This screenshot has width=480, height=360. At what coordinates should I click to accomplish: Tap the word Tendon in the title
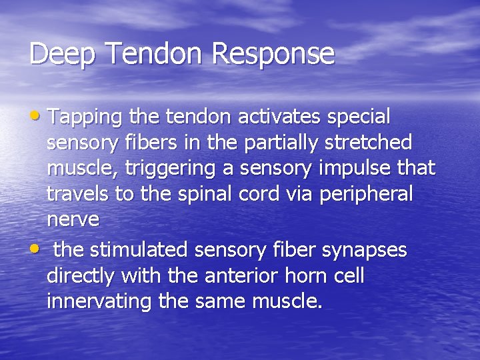click(x=150, y=53)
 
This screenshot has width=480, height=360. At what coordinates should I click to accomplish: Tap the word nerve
click(x=73, y=219)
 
